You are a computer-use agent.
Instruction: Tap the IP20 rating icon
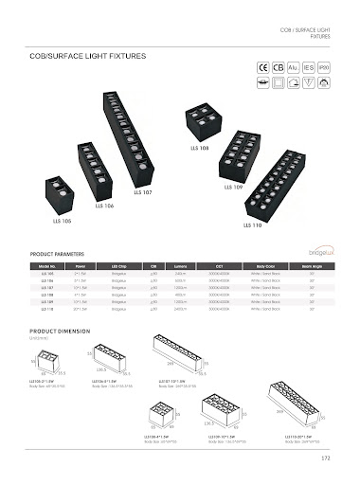coord(323,68)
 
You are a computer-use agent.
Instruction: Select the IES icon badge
coord(308,68)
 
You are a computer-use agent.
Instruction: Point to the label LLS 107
coord(141,192)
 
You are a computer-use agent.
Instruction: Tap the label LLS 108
coord(196,147)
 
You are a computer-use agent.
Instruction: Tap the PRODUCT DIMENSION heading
coord(60,332)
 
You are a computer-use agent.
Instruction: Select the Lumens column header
coord(180,268)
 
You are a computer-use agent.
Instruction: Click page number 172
coord(324,459)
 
